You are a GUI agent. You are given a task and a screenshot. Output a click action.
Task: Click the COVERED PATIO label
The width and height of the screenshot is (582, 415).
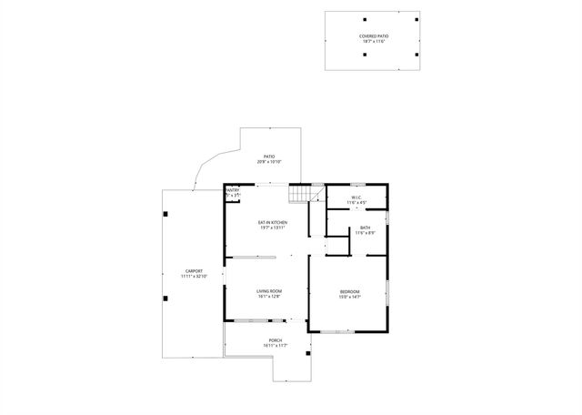coord(373,35)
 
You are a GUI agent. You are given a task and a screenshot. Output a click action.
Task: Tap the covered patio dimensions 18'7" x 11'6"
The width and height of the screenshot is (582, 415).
coord(373,42)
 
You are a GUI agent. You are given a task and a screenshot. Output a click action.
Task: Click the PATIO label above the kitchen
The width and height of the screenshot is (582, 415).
coord(269,156)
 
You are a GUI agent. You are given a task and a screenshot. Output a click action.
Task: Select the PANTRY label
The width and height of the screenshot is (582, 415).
coord(232,190)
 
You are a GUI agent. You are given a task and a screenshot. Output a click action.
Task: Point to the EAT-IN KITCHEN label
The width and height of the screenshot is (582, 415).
coord(272,222)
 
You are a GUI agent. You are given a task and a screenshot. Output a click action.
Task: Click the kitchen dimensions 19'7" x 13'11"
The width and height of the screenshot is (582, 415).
coord(272,228)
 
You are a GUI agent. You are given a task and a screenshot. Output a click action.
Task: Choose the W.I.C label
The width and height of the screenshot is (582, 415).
coord(356,197)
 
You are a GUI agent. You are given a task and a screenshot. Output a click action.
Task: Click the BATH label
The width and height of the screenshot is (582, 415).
coord(365,228)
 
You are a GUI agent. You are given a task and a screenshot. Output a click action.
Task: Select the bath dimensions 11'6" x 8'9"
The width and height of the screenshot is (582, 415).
coord(365,233)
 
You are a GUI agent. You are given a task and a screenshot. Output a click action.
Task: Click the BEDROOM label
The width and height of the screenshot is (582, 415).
coord(350,291)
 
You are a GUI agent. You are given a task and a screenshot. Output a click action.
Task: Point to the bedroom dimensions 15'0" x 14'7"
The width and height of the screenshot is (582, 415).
coord(350,297)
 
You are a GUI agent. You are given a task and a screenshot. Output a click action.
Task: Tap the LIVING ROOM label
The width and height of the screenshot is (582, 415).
coord(269,290)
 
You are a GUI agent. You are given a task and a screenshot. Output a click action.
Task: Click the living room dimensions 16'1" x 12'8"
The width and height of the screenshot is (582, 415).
coord(269,296)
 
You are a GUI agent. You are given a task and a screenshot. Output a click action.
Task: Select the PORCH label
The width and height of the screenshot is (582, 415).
coord(275,340)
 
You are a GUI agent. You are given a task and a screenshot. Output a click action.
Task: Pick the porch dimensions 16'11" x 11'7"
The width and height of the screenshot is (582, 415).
coord(275,346)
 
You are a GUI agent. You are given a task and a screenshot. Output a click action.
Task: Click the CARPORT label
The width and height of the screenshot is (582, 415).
coord(194,270)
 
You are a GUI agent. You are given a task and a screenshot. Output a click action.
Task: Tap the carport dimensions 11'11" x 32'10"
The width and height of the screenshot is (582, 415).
coord(194,276)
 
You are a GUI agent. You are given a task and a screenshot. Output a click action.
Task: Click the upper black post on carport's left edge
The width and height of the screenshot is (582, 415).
coord(166,213)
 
